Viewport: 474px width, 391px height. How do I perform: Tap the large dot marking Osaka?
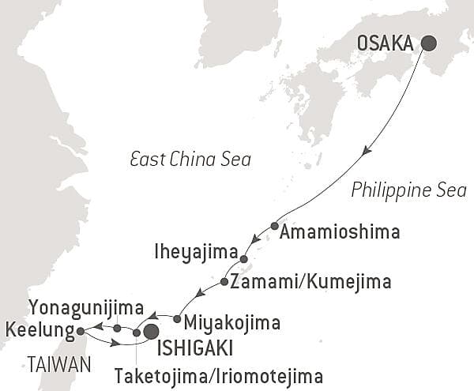coord(429,43)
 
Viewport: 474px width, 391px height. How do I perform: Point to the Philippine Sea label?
coord(408,190)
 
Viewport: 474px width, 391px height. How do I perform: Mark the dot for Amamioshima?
coord(274,226)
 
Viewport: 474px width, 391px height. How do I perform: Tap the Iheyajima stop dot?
coord(243,259)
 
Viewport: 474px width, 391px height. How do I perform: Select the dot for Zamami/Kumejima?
coord(224,282)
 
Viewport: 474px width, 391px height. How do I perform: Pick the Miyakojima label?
coord(229,323)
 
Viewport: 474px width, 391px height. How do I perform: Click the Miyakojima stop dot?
coord(177,319)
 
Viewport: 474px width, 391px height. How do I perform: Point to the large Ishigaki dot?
coord(149,333)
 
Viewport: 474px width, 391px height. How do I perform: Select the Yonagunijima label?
coord(85,306)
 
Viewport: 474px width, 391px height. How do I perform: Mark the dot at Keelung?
coord(81,331)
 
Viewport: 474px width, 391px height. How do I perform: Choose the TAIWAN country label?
coord(58,363)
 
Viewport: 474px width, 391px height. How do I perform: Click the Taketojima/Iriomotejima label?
coord(219,374)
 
